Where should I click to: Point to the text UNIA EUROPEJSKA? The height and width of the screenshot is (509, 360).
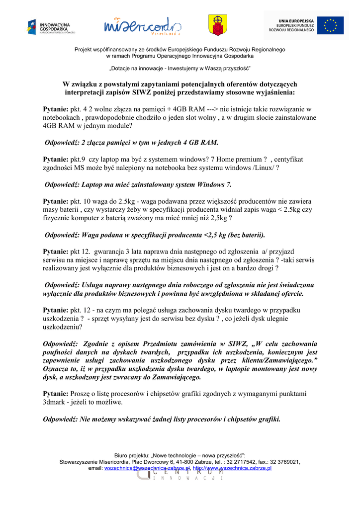[296, 20]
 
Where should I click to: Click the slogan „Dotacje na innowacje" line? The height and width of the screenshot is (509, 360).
[180, 68]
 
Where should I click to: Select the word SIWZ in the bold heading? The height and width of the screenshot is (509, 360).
[141, 92]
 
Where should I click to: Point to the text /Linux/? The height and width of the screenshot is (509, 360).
[263, 168]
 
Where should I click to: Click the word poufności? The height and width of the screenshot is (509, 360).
[58, 352]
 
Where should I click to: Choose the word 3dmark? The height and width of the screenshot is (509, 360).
[55, 402]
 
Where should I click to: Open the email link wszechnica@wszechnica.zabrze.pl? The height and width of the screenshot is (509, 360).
[147, 468]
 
